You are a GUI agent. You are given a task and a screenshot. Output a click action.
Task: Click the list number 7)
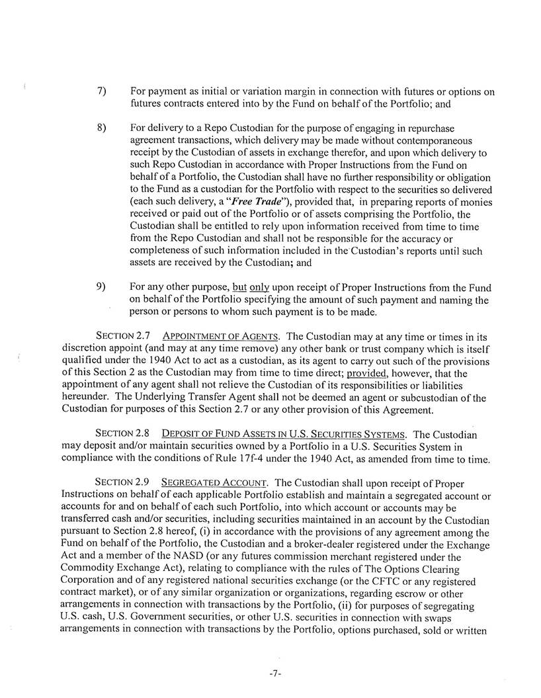point(101,92)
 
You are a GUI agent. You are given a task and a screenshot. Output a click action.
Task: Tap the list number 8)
point(101,128)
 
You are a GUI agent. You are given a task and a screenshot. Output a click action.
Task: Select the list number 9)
point(101,287)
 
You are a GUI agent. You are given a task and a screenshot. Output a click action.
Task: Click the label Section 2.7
point(122,335)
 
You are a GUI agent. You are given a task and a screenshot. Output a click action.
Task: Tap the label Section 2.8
point(122,433)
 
